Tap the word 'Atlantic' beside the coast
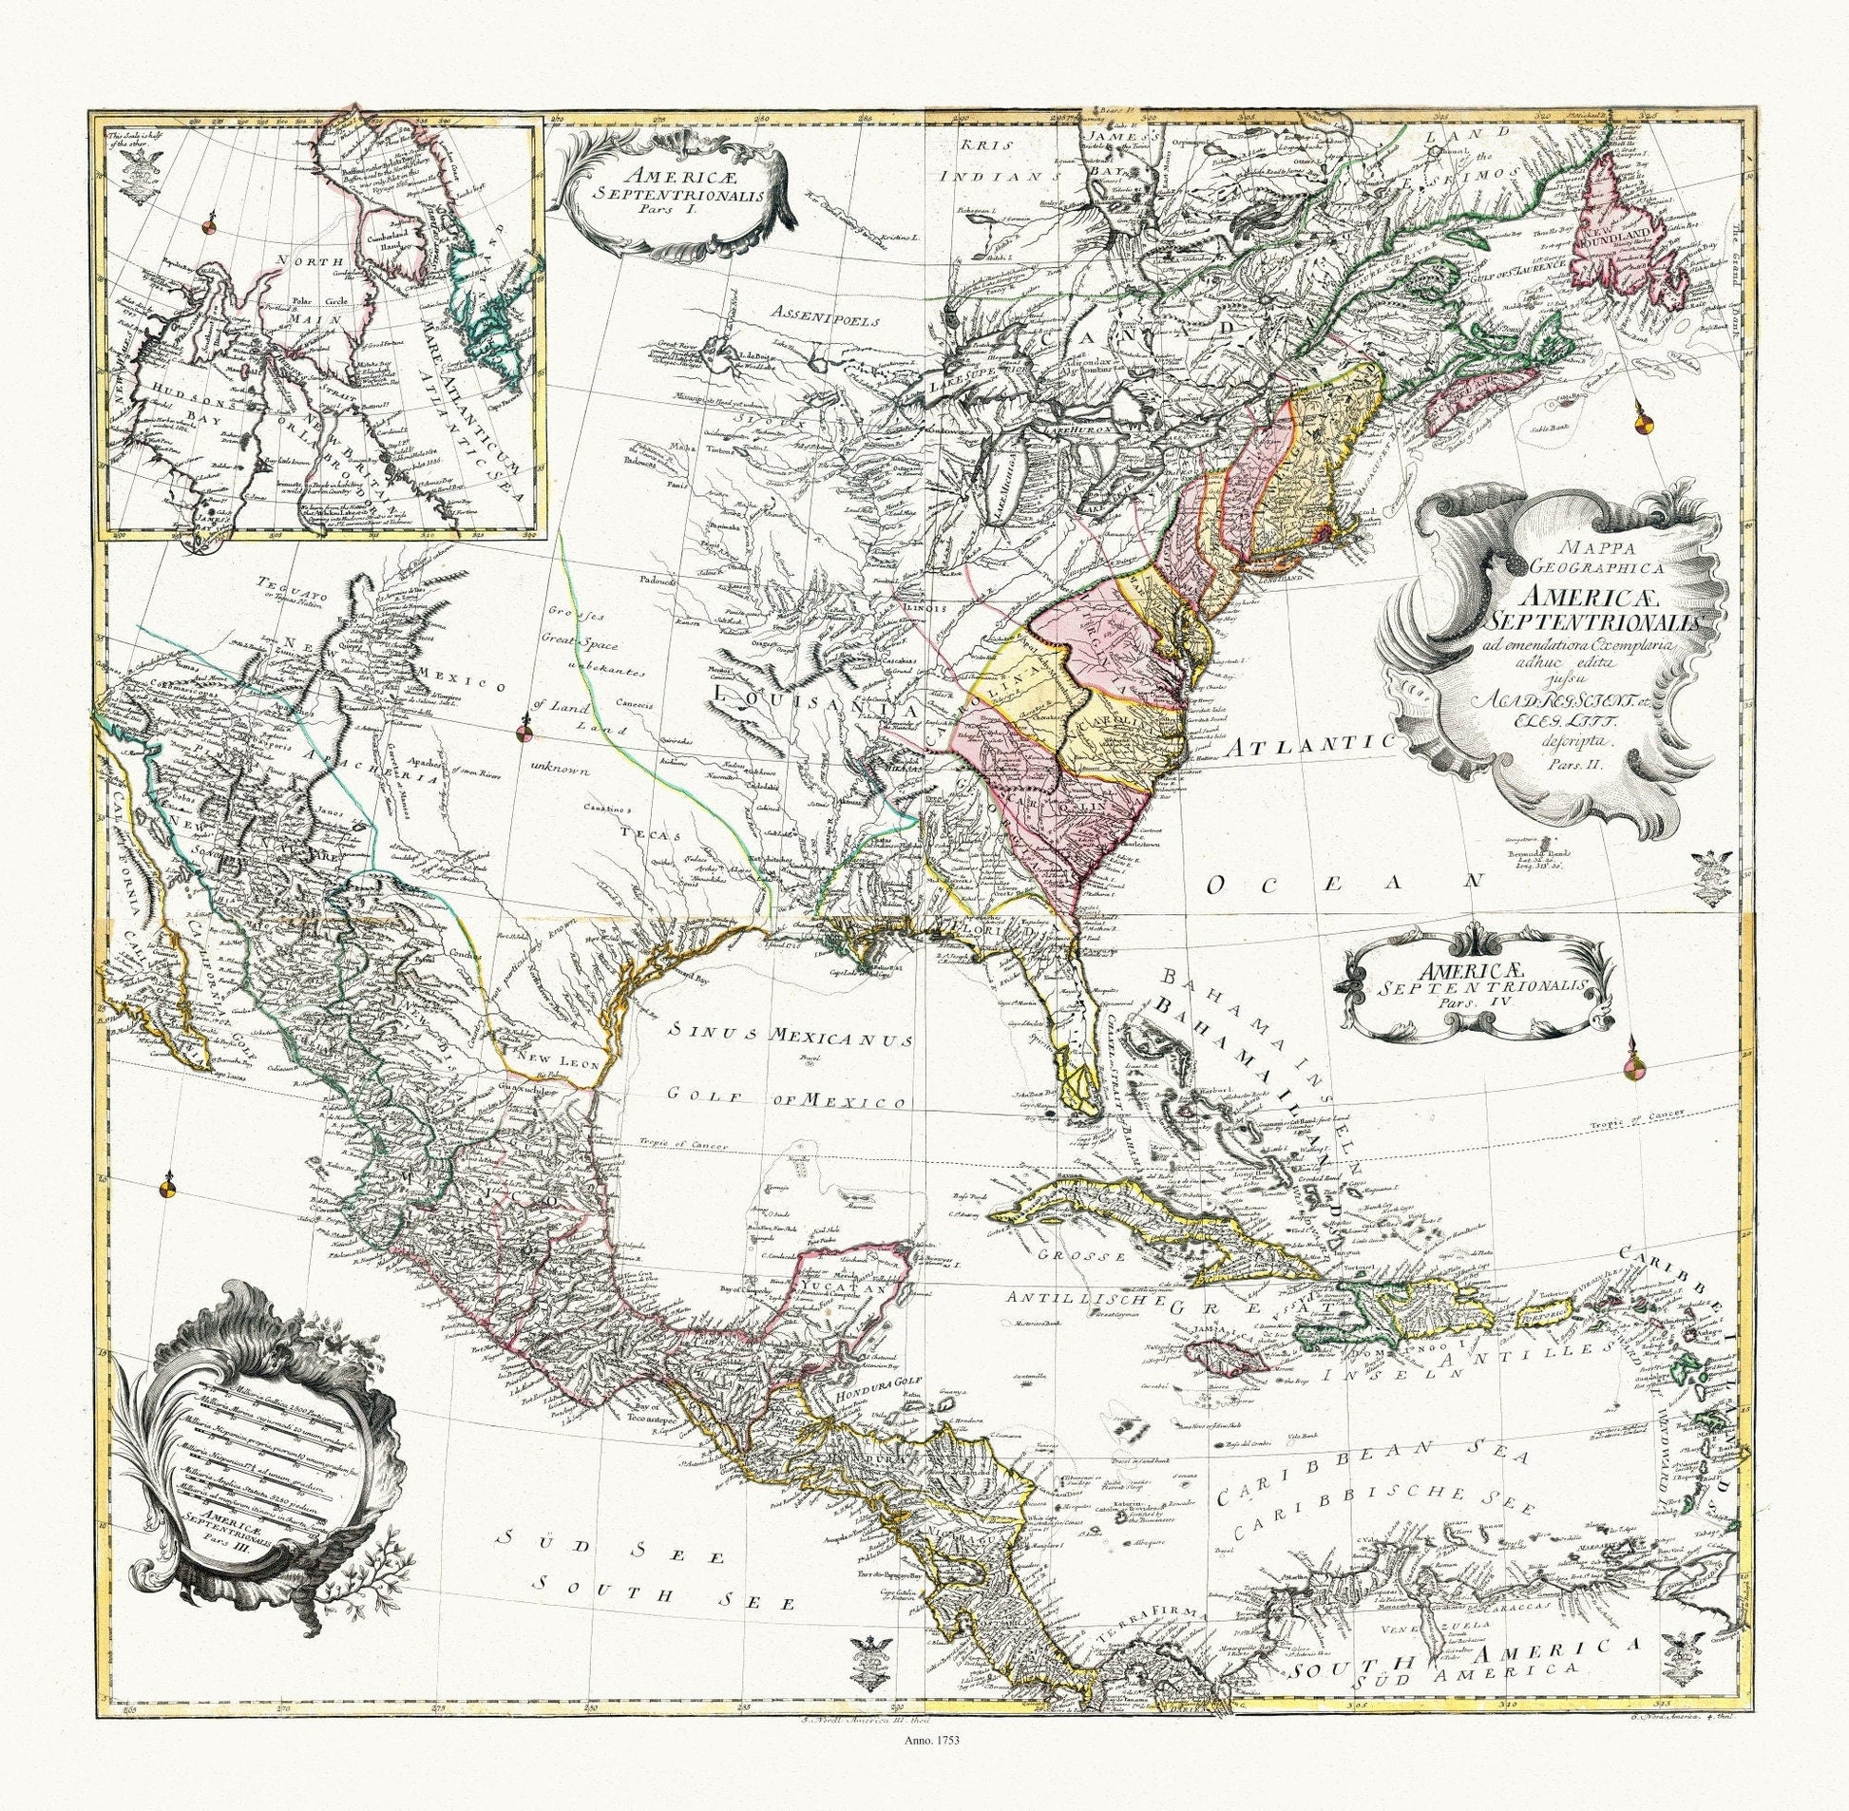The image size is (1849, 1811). (1311, 747)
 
